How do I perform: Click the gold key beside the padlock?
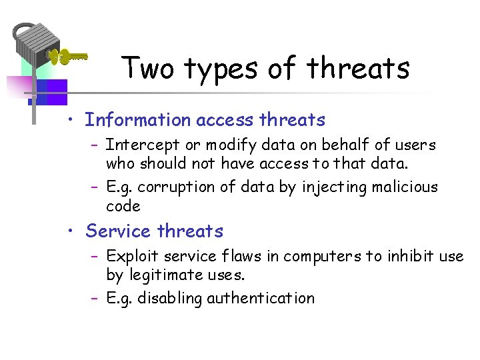[x=70, y=57]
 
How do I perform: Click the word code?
[x=123, y=206]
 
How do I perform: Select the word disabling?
[x=171, y=299]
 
